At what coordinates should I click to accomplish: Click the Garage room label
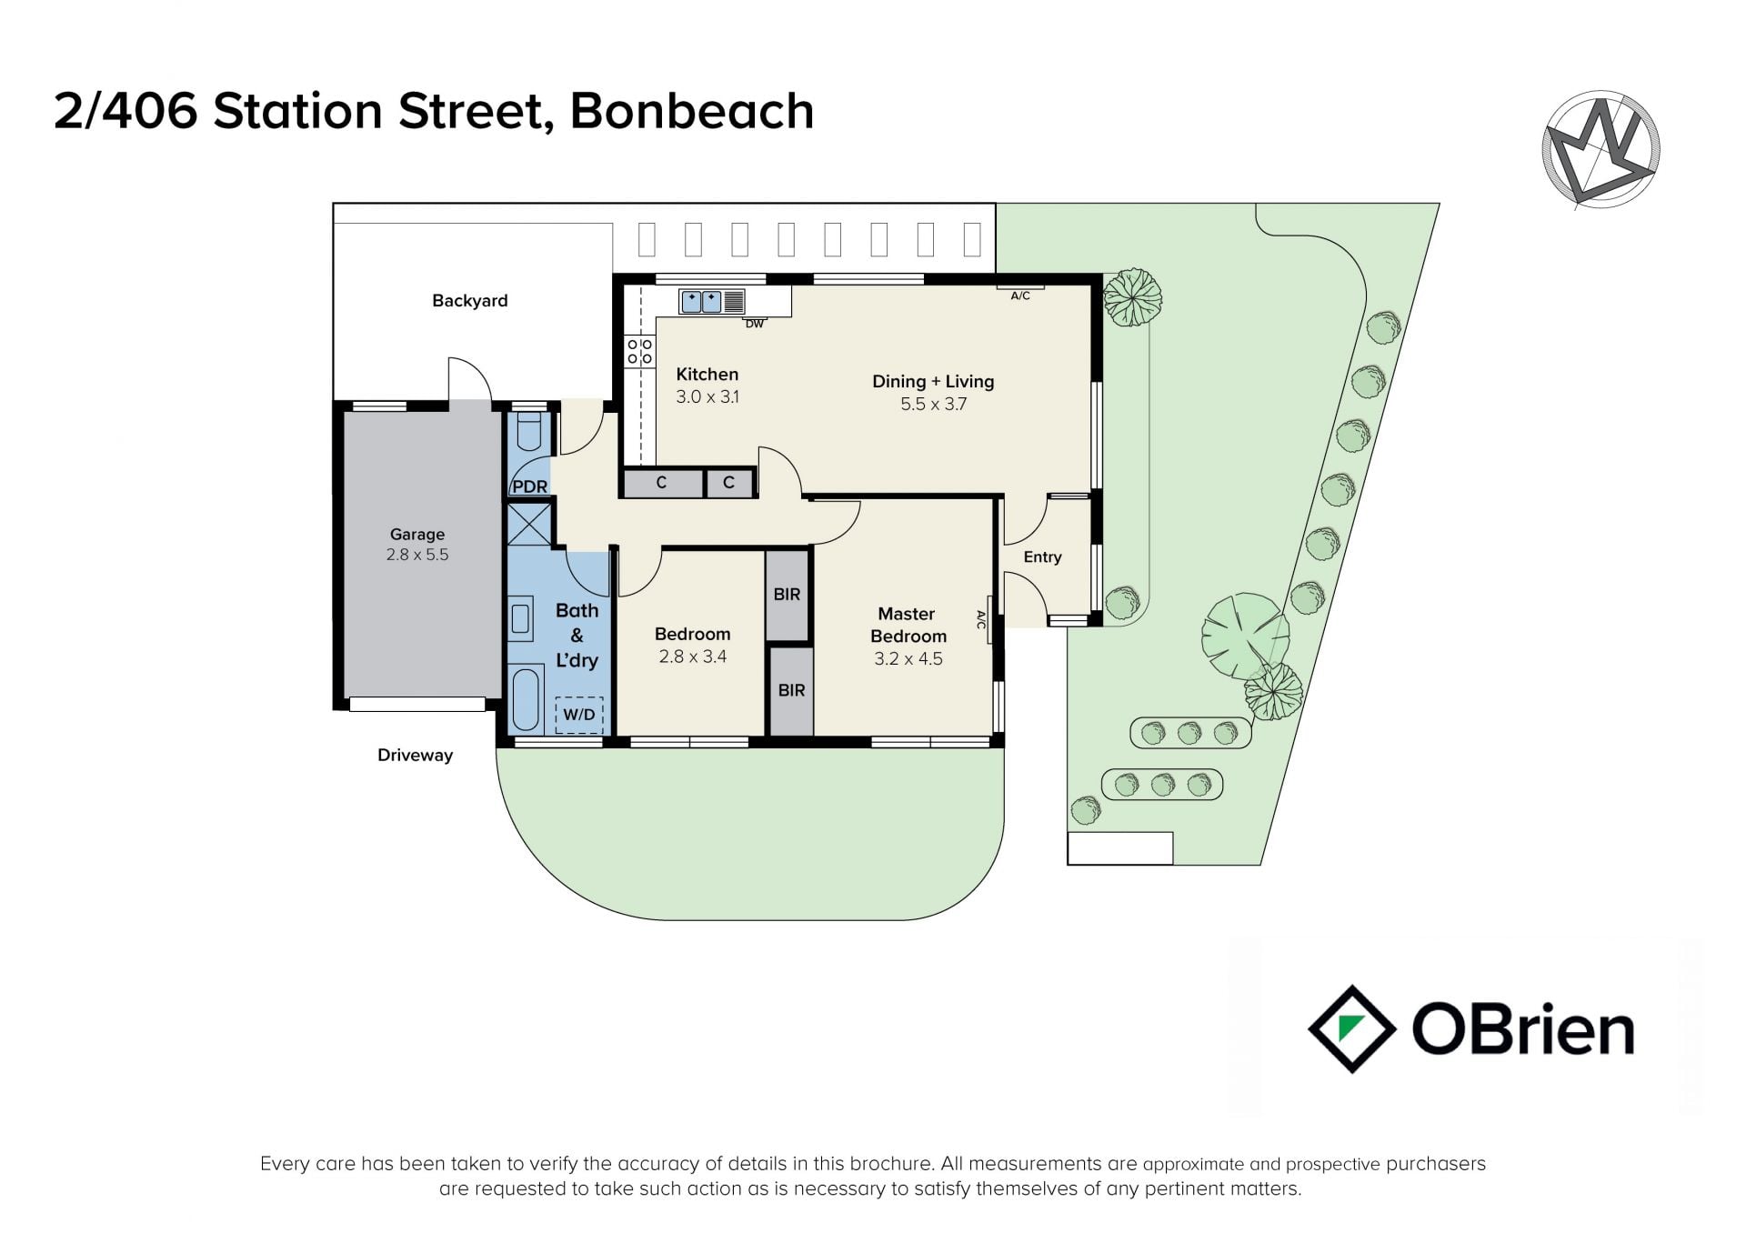click(x=417, y=535)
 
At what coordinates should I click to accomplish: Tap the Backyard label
click(x=469, y=301)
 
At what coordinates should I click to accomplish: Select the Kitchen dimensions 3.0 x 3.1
click(x=707, y=396)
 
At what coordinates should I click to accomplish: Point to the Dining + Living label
click(x=933, y=382)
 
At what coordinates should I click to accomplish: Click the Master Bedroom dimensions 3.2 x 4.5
click(x=908, y=658)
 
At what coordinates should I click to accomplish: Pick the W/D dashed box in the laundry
click(x=579, y=715)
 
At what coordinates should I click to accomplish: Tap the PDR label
click(x=529, y=486)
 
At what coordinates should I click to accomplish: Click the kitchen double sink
click(x=701, y=301)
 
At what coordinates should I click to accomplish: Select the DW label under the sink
click(x=755, y=324)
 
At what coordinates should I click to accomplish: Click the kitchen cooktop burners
click(x=640, y=352)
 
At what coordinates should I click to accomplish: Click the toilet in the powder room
click(x=528, y=432)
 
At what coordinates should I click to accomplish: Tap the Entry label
click(x=1042, y=557)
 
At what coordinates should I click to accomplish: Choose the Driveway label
click(x=415, y=755)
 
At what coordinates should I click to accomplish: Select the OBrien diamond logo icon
click(x=1352, y=1028)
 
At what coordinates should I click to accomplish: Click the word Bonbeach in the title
click(x=692, y=111)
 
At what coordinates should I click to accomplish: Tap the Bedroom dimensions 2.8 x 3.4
click(x=693, y=657)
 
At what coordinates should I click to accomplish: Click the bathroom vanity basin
click(x=521, y=618)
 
